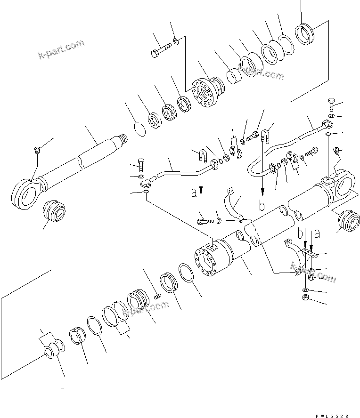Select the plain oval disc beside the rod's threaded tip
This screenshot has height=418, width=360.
click(x=138, y=129)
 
